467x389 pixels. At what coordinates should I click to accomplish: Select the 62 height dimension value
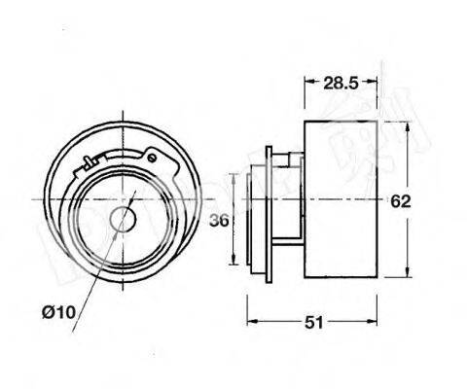click(400, 201)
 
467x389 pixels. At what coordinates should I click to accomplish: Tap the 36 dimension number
click(221, 221)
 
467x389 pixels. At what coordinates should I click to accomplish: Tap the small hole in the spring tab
click(151, 153)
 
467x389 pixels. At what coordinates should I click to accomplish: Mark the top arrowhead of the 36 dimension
click(234, 171)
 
